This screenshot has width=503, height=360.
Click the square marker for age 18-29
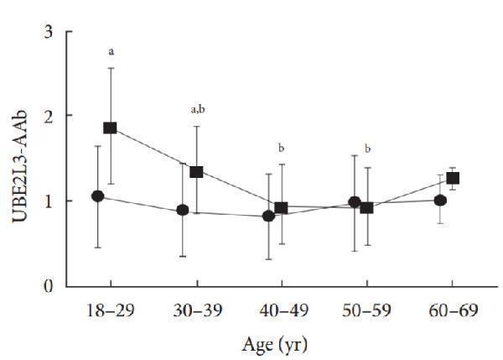[x=110, y=128]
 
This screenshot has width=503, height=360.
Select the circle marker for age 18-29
[x=97, y=196]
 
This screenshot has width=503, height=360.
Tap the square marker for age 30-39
[x=196, y=171]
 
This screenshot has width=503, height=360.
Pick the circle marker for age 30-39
[x=183, y=210]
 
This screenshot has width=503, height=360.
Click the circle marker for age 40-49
[x=268, y=216]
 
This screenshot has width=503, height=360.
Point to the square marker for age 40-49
[x=282, y=207]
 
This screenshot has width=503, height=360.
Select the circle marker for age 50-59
[x=355, y=202]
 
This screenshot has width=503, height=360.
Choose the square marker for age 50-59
[x=366, y=207]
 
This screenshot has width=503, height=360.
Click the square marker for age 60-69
[x=453, y=178]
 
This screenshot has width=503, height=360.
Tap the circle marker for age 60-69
[x=440, y=200]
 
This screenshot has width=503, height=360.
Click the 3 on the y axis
[x=49, y=32]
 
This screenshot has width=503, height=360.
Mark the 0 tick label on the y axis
[x=49, y=286]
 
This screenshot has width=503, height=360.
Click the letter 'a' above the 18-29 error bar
[x=111, y=52]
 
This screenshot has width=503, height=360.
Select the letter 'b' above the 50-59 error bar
[x=367, y=149]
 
